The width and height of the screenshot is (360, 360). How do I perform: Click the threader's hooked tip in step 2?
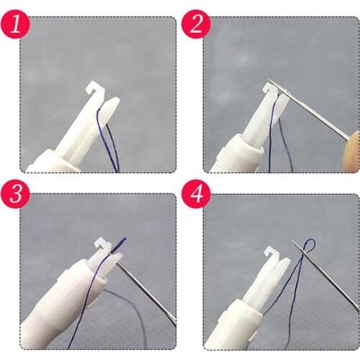(x=271, y=87)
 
